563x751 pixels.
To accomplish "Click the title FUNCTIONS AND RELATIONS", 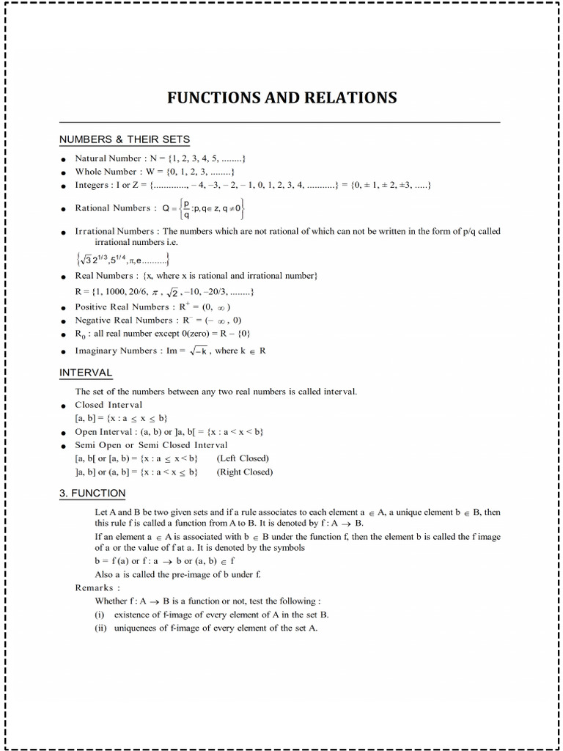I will pos(282,98).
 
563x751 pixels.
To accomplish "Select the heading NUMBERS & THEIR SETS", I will pos(124,139).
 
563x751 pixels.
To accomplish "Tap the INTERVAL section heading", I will pos(86,373).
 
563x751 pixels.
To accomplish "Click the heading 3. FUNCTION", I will pos(92,493).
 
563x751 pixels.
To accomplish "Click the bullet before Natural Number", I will pos(64,159).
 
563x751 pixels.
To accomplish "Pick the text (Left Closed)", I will pos(243,458).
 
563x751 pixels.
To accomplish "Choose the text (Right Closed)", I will pos(245,472).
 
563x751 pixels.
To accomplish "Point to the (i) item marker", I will pos(100,615).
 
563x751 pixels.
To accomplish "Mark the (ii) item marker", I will pos(101,628).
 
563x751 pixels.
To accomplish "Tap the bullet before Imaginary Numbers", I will pos(64,352).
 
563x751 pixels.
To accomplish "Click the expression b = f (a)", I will pos(111,561).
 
